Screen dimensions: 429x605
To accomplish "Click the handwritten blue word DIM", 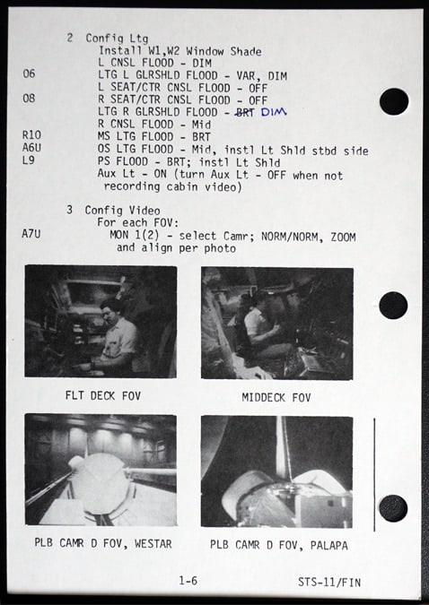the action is [x=274, y=112].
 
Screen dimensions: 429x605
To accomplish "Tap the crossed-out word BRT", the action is [x=245, y=112].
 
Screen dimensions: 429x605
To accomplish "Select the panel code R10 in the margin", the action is [x=31, y=135].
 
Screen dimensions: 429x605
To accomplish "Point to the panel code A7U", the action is [x=31, y=234].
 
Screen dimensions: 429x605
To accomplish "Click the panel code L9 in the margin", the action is [x=29, y=160].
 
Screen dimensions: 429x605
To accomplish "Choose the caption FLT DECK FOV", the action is [x=103, y=395].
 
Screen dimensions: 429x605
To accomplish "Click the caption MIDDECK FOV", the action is [x=276, y=397].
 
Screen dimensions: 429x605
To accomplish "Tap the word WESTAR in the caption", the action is [x=153, y=544].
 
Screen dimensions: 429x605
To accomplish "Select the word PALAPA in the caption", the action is [x=328, y=545].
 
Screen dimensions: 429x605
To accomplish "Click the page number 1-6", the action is [x=188, y=580].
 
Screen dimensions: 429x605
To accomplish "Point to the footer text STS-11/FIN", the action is [x=329, y=582].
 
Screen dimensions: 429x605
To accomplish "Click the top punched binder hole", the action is [x=394, y=101].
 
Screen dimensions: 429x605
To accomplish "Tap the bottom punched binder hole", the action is [x=393, y=508].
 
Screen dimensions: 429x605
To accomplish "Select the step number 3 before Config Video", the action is [x=69, y=210].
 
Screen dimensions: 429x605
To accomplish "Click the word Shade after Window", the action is [x=246, y=51].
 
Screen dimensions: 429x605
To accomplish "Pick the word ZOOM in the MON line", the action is [x=343, y=237].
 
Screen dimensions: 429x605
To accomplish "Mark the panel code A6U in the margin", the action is [x=31, y=147].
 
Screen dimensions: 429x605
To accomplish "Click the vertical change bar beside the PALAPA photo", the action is [x=374, y=474].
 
